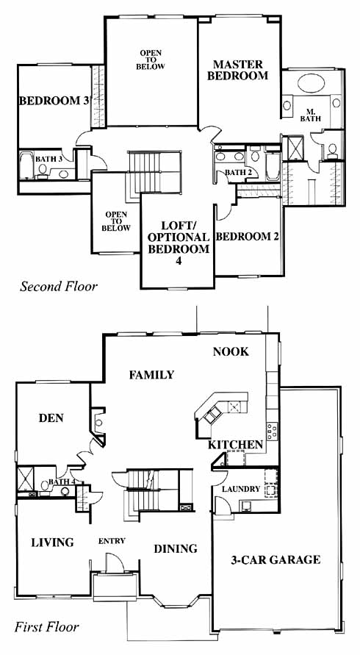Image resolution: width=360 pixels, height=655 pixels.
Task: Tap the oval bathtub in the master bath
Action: coord(311,83)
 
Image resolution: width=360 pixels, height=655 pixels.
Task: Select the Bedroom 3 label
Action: coord(55,101)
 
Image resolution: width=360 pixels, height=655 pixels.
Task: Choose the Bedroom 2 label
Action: coord(248,237)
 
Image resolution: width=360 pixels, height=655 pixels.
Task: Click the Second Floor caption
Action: coord(59,287)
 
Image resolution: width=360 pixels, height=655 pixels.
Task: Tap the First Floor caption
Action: coord(47,627)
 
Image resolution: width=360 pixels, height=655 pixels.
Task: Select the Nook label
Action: coord(231,351)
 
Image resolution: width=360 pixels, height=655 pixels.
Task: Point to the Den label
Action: coord(51,418)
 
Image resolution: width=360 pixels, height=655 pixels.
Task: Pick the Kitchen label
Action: coord(236,445)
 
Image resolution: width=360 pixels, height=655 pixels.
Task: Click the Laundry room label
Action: coord(241,489)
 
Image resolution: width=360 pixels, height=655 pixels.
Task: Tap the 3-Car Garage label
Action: coord(276,559)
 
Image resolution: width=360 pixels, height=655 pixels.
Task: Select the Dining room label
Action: coord(176,548)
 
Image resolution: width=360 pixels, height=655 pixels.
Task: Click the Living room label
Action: coord(53,543)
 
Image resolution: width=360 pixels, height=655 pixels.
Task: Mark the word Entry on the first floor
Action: coord(112,541)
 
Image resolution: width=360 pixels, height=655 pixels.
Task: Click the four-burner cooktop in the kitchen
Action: coord(273,431)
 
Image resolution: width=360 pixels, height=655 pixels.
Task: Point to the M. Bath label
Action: coord(310,115)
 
